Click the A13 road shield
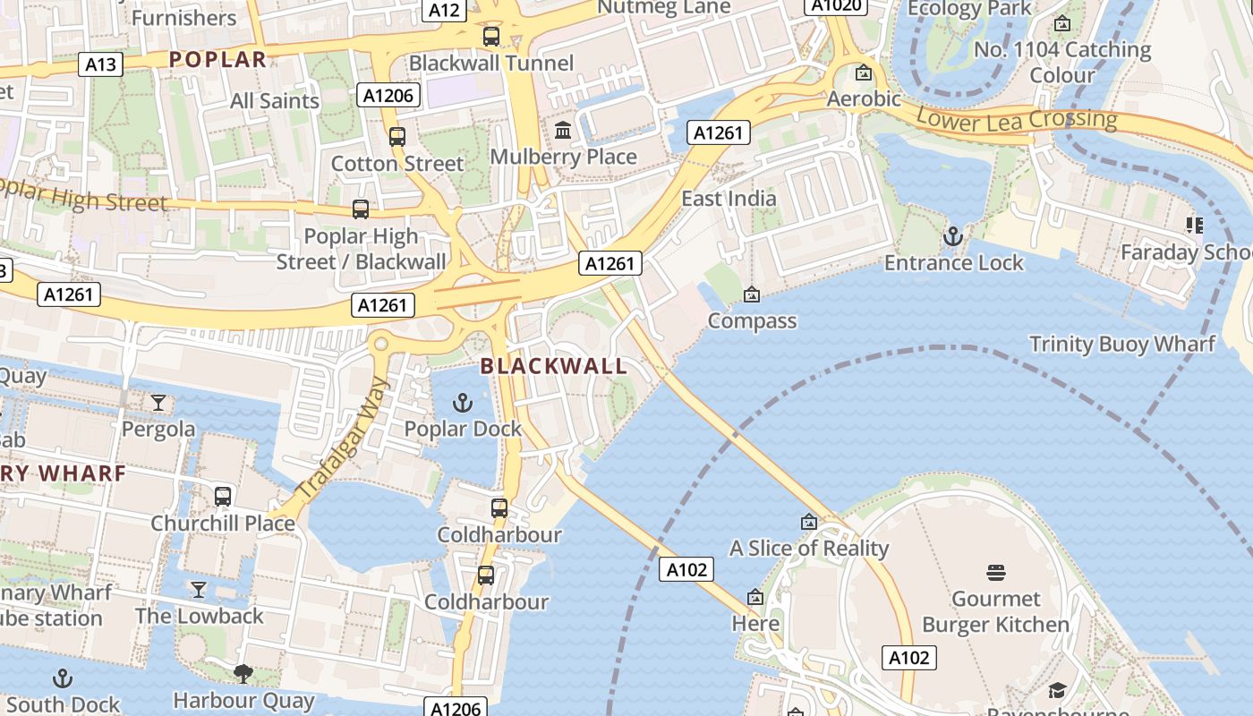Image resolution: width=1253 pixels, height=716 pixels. pos(100,64)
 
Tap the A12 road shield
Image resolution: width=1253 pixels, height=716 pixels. pos(444,10)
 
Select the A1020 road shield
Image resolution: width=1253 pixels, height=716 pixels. pos(838,5)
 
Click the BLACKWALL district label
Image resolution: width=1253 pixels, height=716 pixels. pos(554,366)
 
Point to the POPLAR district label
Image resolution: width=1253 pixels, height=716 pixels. pos(217,60)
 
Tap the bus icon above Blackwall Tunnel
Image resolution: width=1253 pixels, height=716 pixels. pos(491,37)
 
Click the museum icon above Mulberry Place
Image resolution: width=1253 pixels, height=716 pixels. pos(563,131)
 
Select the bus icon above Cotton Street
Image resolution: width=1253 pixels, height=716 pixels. pos(397,137)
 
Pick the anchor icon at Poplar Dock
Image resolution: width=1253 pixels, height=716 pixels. pos(462,403)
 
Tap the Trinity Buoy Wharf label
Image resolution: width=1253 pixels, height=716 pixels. pos(1122,345)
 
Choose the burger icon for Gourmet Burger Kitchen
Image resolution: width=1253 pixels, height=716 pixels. pos(996,573)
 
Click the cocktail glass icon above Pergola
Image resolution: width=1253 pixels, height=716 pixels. pos(158,403)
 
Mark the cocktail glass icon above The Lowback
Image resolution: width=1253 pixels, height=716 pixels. pos(199,589)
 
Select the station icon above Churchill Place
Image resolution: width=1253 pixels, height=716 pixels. pos(223,496)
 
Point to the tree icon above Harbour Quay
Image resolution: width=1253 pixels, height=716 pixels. pos(243,673)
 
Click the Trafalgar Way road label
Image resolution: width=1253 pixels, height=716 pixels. pos(342,439)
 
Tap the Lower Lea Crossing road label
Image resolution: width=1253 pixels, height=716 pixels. pos(1017,119)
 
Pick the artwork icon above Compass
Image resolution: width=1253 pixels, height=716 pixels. pos(752,294)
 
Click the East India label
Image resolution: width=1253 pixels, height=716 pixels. pos(729,198)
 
